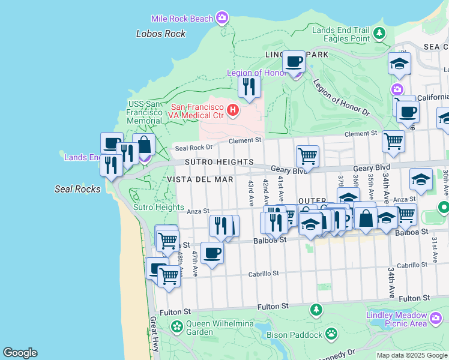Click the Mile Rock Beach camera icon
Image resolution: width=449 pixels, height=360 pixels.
point(222,18)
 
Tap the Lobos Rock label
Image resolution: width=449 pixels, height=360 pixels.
point(161,34)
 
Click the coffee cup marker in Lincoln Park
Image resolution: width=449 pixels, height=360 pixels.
point(294,62)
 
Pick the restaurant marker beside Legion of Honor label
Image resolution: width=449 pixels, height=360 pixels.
point(249,87)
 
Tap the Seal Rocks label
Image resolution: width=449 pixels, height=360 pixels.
point(77,188)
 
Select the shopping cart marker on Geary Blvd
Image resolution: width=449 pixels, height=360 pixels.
point(307,157)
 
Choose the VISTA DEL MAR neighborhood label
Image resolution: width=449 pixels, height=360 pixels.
point(199,179)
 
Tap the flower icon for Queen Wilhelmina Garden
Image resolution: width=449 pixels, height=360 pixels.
point(177,327)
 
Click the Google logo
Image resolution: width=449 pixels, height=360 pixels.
point(20,353)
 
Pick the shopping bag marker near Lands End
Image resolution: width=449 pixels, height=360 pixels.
point(144,145)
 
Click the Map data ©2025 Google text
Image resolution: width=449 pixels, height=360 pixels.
point(412,355)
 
